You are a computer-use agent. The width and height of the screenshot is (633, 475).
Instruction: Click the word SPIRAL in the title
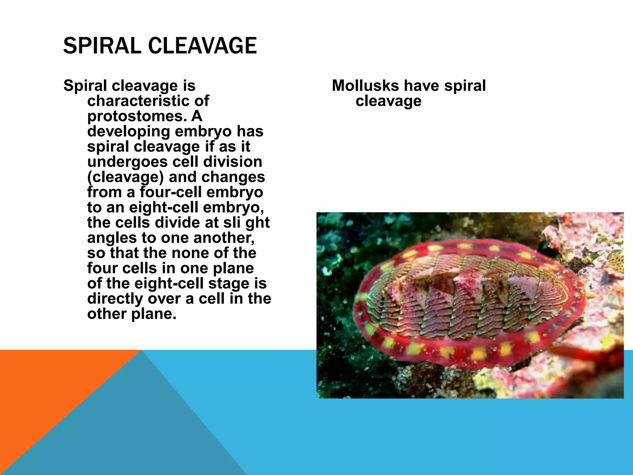pos(103,46)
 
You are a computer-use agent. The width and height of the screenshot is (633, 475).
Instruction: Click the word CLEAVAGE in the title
pos(202,46)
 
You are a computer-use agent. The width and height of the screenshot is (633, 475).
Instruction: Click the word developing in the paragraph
pos(129,131)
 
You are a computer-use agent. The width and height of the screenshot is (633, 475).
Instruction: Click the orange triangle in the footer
pos(46,387)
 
